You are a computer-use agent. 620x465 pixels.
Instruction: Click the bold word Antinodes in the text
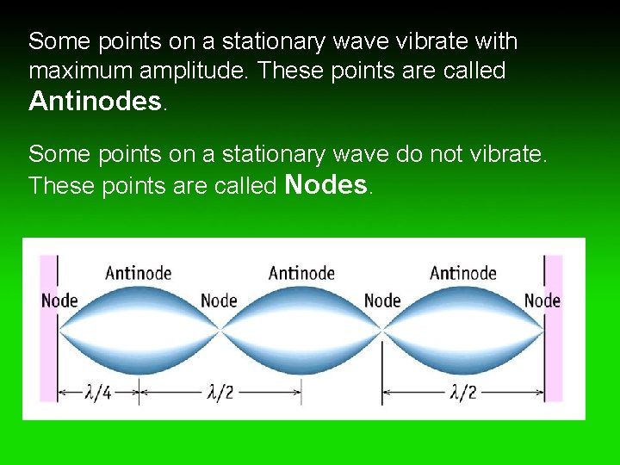click(95, 102)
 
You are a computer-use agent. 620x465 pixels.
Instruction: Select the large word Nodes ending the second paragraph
click(325, 184)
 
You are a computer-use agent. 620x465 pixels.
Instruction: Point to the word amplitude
click(198, 71)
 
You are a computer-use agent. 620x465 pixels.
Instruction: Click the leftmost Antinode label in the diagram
click(138, 274)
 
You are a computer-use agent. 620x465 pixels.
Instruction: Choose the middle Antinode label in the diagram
click(301, 274)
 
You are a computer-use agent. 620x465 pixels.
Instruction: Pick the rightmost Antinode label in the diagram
click(463, 274)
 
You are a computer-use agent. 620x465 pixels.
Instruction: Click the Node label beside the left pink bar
click(59, 301)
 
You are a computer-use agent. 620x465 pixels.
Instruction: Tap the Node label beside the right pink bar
click(542, 301)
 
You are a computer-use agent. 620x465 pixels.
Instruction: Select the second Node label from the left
click(219, 301)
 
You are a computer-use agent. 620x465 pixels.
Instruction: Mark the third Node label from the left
click(382, 301)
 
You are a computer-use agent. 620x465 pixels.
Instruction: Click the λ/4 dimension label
click(97, 393)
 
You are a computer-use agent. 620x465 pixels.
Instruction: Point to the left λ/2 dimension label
click(220, 393)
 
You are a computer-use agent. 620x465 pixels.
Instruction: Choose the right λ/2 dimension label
click(462, 393)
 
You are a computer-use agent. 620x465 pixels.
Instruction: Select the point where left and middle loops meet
click(220, 330)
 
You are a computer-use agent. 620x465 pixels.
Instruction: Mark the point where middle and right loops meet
click(382, 330)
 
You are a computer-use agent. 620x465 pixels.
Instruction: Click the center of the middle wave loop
click(301, 330)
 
